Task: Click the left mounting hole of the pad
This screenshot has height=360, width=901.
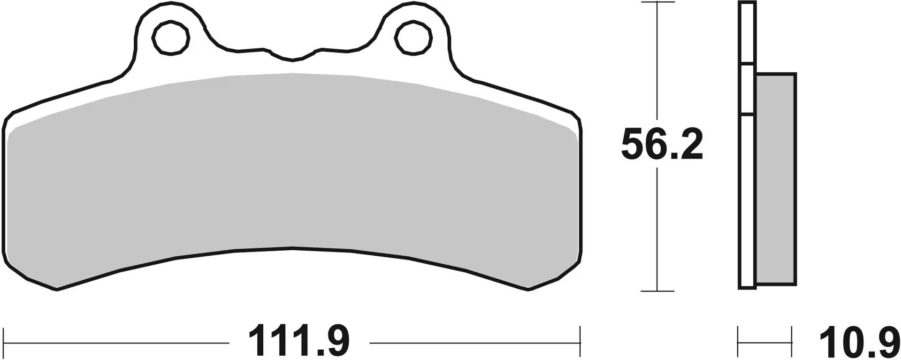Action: (171, 38)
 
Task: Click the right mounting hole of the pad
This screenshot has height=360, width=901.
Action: (413, 38)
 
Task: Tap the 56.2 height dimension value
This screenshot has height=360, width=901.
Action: (662, 145)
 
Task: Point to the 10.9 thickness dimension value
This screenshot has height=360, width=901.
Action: (859, 344)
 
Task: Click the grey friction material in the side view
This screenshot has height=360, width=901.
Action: (776, 178)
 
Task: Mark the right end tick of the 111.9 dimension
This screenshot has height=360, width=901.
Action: (580, 343)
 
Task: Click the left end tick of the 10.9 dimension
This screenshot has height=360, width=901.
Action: (739, 343)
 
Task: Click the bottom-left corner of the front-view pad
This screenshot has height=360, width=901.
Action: (56, 289)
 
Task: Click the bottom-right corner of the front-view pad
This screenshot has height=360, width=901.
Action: (528, 289)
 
